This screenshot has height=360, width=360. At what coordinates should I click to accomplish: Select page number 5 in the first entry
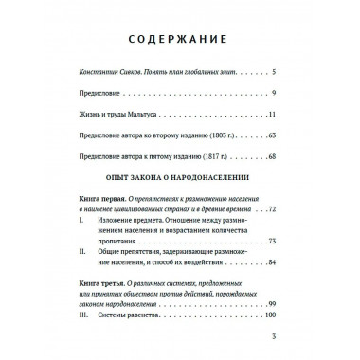coord(272,73)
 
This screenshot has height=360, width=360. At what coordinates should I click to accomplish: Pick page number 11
coord(270,115)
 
